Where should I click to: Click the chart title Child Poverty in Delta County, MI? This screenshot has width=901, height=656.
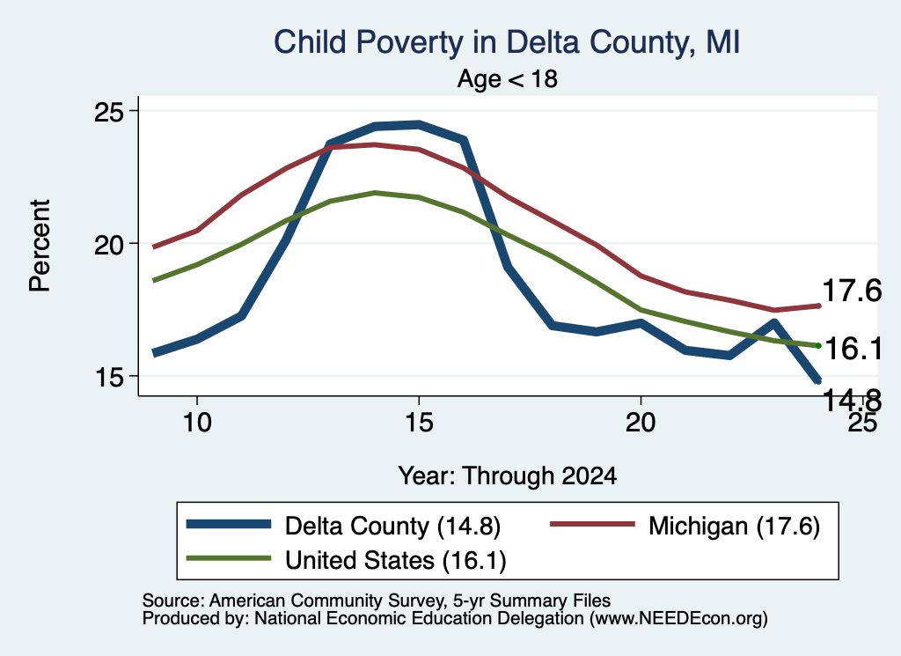(507, 42)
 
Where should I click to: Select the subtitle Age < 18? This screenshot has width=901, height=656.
(508, 78)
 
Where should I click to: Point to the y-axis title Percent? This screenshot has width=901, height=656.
(40, 246)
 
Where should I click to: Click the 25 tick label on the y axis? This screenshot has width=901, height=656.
(109, 112)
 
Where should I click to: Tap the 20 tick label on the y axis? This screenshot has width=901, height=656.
(109, 244)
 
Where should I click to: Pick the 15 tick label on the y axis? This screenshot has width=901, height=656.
(109, 377)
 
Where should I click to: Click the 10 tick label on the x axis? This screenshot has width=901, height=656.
(197, 423)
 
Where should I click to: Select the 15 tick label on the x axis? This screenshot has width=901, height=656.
(419, 423)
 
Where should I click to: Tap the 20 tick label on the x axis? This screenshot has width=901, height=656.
(641, 423)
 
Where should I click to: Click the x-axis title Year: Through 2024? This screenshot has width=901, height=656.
(508, 476)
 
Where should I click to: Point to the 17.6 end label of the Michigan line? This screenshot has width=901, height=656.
(852, 291)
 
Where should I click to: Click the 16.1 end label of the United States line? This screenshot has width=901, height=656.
(853, 349)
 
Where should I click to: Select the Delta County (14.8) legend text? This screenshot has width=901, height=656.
(393, 526)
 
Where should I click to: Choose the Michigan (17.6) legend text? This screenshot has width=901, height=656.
(734, 526)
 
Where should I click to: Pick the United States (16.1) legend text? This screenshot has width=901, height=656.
(396, 561)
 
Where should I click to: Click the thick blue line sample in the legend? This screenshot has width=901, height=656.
(228, 524)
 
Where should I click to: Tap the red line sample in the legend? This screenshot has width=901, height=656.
(592, 524)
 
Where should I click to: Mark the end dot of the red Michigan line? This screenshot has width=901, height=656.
(818, 306)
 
